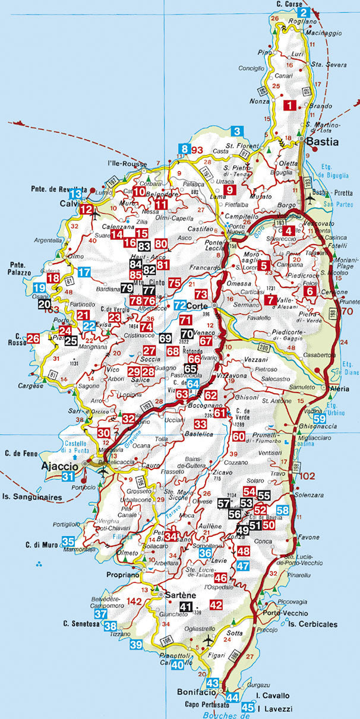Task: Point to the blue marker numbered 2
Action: (305, 13)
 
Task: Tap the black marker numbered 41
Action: (186, 606)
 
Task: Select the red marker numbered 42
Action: (216, 604)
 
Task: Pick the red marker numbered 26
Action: (33, 339)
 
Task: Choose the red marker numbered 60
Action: (239, 436)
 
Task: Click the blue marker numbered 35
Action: (68, 541)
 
